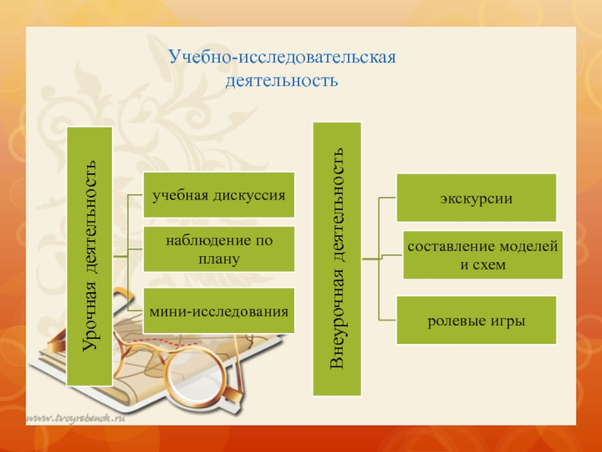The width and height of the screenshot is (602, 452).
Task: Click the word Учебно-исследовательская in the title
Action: pyautogui.click(x=282, y=57)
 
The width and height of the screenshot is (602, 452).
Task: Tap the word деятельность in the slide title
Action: pyautogui.click(x=281, y=78)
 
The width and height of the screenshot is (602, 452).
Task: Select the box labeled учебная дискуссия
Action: pyautogui.click(x=218, y=194)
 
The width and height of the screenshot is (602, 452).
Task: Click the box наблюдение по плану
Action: pyautogui.click(x=218, y=249)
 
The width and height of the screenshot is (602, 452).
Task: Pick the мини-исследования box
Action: pyautogui.click(x=218, y=310)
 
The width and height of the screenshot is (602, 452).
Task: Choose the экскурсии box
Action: pyautogui.click(x=476, y=198)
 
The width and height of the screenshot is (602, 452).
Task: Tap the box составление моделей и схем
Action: pyautogui.click(x=482, y=255)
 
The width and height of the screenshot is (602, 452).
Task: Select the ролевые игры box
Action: pyautogui.click(x=476, y=320)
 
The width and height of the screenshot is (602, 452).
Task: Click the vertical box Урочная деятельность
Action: pyautogui.click(x=90, y=256)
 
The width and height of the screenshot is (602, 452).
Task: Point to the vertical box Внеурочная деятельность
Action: pyautogui.click(x=337, y=258)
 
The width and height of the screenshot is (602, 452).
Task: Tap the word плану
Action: pyautogui.click(x=219, y=258)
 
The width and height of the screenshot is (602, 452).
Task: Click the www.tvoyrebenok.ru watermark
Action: pyautogui.click(x=76, y=416)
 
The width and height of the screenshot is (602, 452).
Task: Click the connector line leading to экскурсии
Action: pyautogui.click(x=387, y=198)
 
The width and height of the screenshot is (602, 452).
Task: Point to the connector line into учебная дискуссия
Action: pyautogui.click(x=135, y=195)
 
